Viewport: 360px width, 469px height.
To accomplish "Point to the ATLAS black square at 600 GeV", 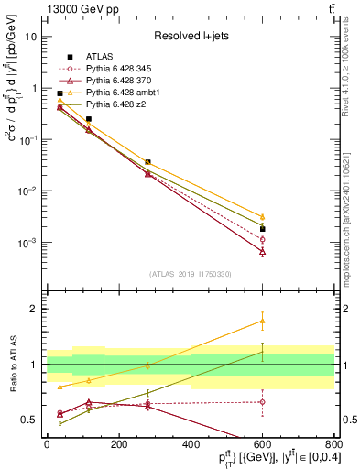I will point(262,229).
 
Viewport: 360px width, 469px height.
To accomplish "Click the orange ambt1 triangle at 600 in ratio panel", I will point(262,321).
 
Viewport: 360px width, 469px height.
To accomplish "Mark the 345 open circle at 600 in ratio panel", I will point(262,401).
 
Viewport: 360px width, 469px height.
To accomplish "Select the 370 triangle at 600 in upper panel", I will point(262,251).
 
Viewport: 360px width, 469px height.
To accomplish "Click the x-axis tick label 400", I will point(191,444).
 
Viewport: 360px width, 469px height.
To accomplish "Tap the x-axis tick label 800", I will point(333,444).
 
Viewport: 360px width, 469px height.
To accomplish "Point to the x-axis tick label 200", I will point(118,444).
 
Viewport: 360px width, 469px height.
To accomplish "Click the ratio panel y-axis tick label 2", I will point(35,309).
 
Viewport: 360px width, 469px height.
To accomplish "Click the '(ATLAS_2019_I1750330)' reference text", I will point(191,274).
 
